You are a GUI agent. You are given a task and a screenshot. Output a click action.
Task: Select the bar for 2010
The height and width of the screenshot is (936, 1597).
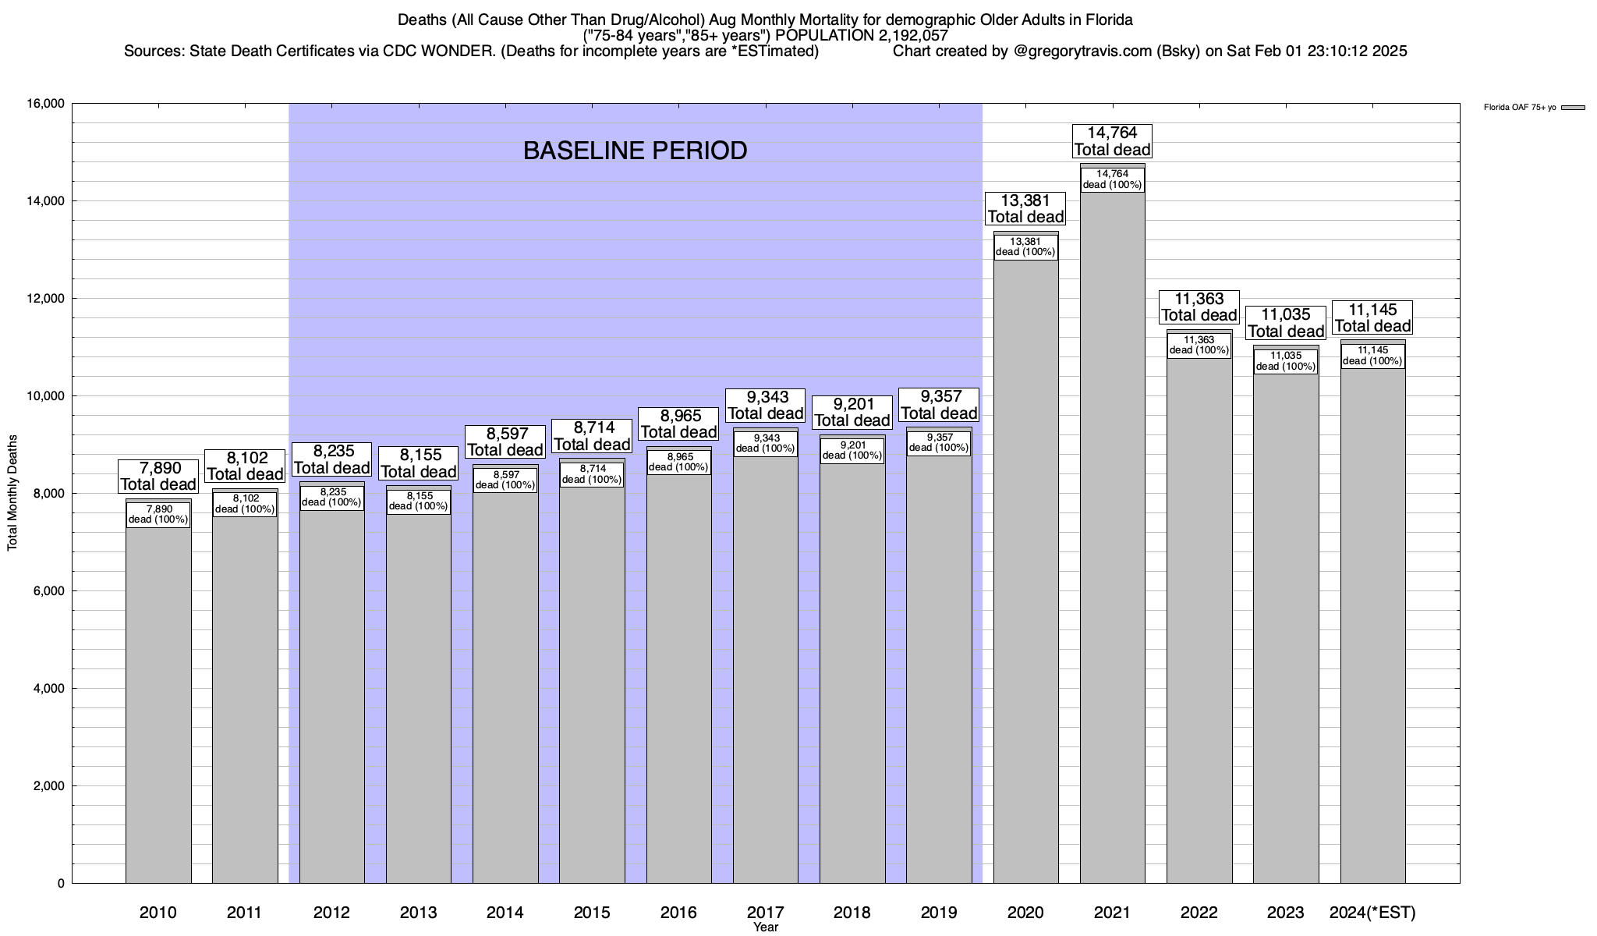[x=158, y=702]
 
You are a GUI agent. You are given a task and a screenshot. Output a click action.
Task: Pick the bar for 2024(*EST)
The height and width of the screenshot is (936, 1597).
[x=1372, y=624]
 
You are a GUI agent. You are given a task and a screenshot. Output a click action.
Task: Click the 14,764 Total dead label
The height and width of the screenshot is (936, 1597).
[x=1112, y=141]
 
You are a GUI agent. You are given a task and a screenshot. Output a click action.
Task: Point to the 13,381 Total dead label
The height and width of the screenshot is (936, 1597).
[x=1025, y=209]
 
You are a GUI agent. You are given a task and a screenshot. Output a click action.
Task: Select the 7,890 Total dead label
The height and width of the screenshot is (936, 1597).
[x=158, y=476]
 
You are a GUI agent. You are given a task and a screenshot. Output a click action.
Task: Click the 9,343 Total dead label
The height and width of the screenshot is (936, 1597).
[x=766, y=406]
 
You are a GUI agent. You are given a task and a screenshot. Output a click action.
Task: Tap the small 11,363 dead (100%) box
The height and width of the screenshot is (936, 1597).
[x=1199, y=346]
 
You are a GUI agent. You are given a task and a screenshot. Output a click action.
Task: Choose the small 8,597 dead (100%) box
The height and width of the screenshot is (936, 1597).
[x=505, y=480]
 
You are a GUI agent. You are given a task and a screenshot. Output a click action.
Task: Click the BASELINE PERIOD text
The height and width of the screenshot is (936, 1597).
[x=635, y=151]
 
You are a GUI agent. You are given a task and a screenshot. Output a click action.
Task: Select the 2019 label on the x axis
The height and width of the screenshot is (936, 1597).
[x=939, y=912]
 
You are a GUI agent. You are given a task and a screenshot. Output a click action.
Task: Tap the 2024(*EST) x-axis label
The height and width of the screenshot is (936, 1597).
[x=1372, y=912]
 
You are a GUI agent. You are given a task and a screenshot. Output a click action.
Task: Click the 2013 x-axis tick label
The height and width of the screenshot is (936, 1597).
[x=419, y=912]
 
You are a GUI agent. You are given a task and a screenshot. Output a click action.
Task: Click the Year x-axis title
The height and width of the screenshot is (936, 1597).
[x=766, y=927]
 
